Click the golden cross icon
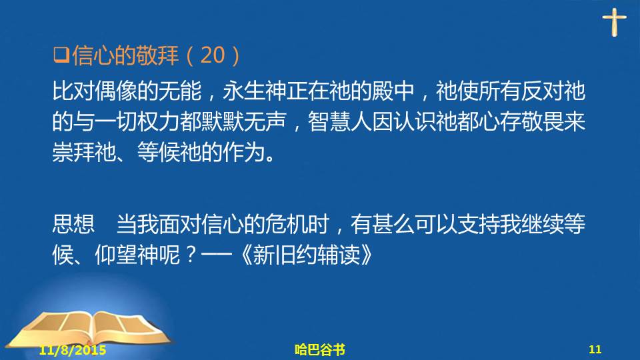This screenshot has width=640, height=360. tap(614, 22)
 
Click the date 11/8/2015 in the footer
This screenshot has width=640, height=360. tap(73, 350)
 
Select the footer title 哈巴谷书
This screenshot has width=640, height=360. tap(320, 349)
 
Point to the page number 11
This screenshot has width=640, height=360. tap(595, 349)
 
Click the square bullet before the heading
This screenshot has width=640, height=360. tap(61, 55)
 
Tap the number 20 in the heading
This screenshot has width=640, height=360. tap(213, 55)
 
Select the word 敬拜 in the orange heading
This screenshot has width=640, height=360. tap(157, 55)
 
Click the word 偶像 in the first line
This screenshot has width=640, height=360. tap(116, 91)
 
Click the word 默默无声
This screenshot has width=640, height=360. tap(243, 121)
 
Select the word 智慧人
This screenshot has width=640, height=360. tap(339, 121)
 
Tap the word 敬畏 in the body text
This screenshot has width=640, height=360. tap(543, 121)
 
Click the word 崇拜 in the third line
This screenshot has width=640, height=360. tap(73, 152)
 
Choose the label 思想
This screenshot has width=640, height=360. tap(73, 224)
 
